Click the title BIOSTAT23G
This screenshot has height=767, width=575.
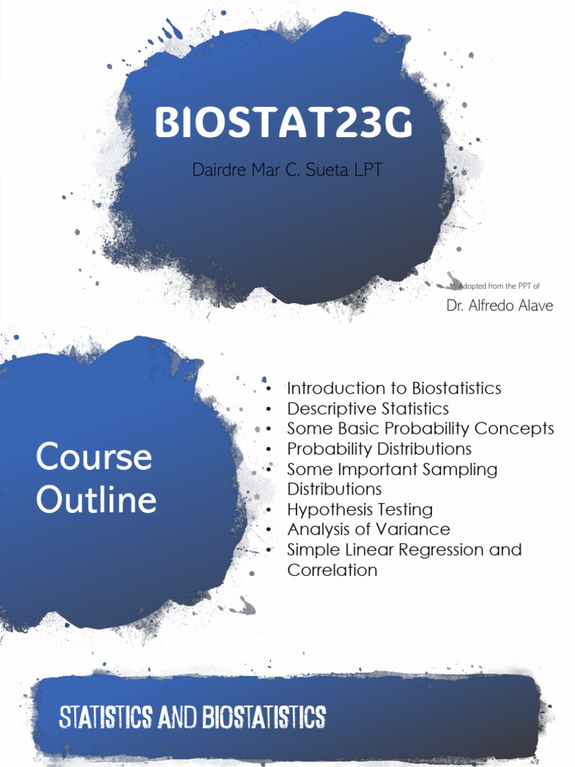(x=284, y=122)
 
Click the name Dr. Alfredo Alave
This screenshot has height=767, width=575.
(x=499, y=306)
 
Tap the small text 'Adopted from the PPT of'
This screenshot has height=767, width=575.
(x=499, y=285)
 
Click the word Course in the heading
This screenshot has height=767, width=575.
(x=94, y=456)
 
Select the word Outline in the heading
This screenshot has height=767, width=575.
(x=97, y=500)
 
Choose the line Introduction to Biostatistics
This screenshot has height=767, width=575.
(x=394, y=389)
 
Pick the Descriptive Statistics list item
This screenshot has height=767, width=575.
(x=368, y=408)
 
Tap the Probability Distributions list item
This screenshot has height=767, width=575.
(x=380, y=449)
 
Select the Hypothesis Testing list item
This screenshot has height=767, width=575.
(x=360, y=510)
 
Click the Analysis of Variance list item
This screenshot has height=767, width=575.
(x=368, y=530)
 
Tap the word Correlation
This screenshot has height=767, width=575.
(x=332, y=570)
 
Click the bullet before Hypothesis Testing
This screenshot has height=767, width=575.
(x=269, y=510)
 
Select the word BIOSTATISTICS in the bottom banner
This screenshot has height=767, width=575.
(x=264, y=717)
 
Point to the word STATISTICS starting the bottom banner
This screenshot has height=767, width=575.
(x=105, y=717)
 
